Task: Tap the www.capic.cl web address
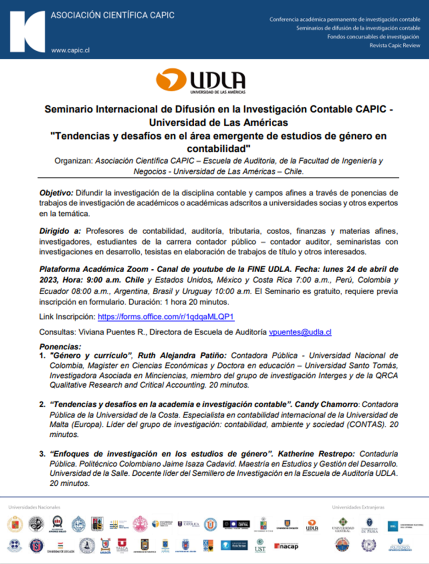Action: click(x=70, y=50)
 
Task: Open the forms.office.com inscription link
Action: click(x=166, y=317)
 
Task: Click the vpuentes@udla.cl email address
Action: click(x=300, y=332)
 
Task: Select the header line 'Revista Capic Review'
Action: click(x=395, y=46)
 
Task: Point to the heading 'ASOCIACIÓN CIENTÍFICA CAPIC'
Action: click(x=113, y=15)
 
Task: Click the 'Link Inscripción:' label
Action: click(x=67, y=317)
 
